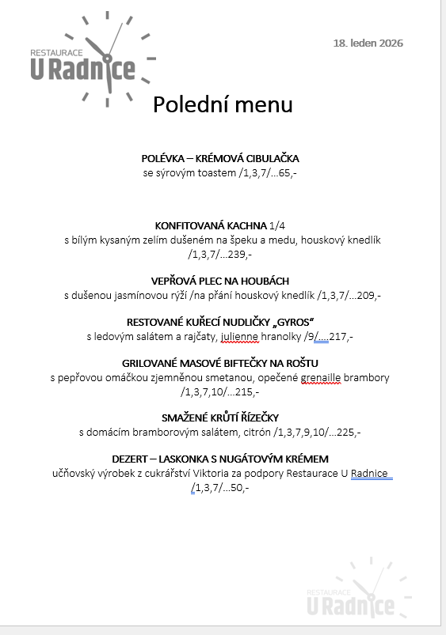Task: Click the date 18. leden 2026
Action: [368, 43]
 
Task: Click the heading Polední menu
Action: [223, 104]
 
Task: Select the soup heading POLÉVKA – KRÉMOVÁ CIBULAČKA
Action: [220, 159]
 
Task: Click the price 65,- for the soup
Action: [288, 172]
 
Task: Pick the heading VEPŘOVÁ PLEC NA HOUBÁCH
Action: [220, 281]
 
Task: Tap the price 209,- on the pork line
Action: [370, 295]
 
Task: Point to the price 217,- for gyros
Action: [341, 336]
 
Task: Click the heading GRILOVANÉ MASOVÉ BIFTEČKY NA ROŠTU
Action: [220, 363]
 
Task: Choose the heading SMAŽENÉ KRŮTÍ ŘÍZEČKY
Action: [220, 418]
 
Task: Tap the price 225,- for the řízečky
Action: [349, 432]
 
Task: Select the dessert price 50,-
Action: [239, 487]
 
